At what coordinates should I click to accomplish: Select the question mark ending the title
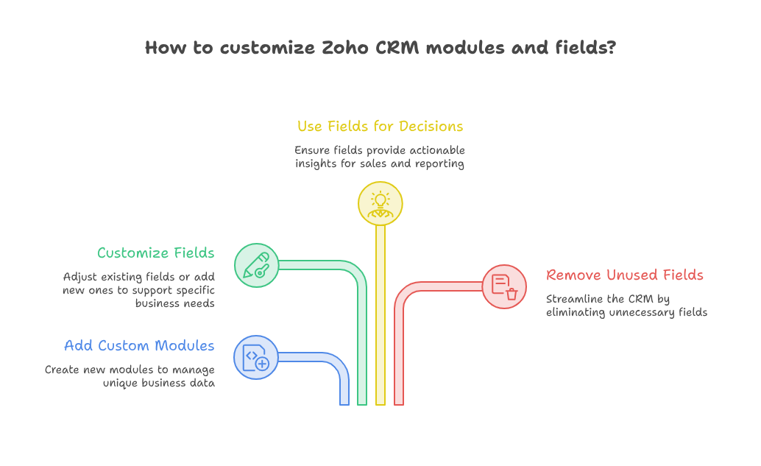612,47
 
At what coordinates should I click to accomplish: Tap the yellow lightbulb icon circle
380,203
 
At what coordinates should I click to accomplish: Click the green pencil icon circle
256,265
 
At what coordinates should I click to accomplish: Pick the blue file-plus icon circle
256,357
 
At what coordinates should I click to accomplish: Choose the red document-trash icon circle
504,286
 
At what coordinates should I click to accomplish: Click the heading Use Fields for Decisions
380,126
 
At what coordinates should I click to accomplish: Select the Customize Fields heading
156,253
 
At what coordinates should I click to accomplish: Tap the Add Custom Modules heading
139,345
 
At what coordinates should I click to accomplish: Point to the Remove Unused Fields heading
625,275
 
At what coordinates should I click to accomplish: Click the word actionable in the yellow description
437,150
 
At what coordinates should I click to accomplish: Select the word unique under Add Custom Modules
118,384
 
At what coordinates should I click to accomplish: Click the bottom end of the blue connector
344,404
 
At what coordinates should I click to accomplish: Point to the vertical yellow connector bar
380,315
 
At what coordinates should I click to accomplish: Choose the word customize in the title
267,48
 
